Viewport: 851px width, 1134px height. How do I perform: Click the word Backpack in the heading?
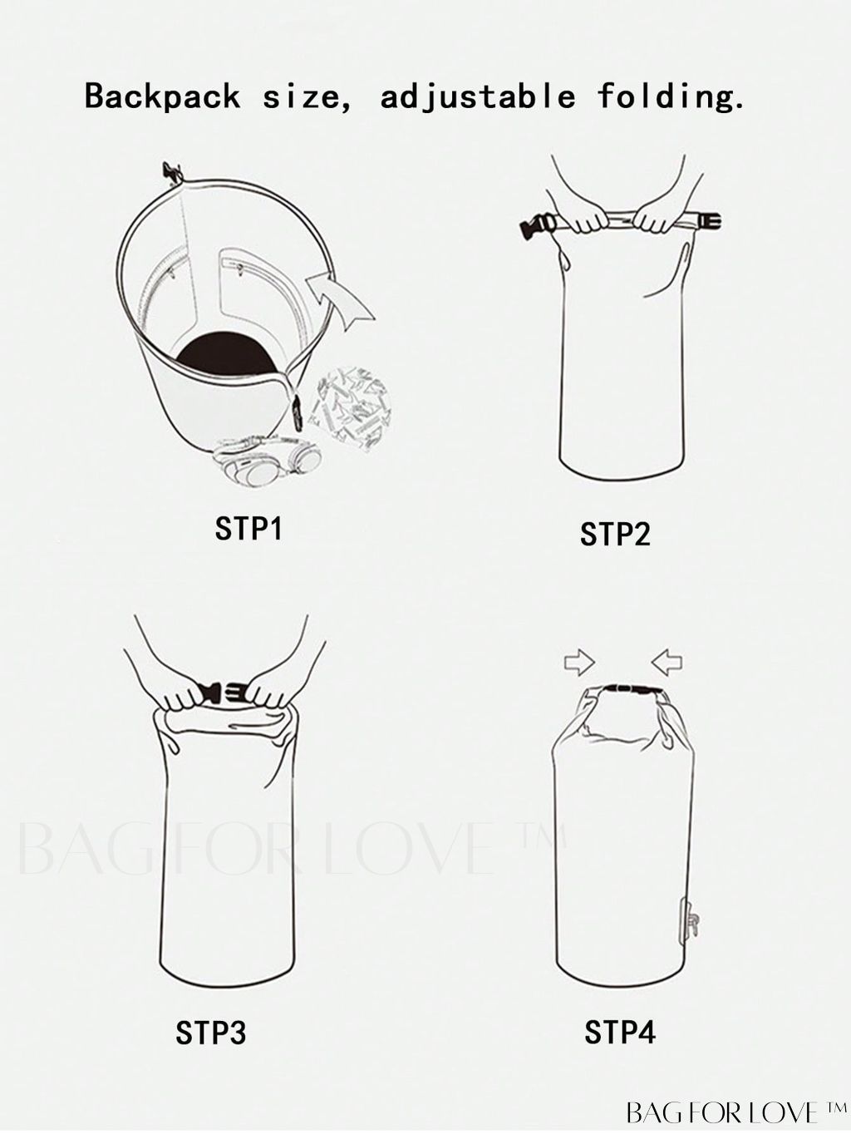162,96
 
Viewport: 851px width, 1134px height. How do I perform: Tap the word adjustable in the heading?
478,96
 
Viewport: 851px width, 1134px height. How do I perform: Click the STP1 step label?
248,529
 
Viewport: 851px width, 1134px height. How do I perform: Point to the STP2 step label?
615,535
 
